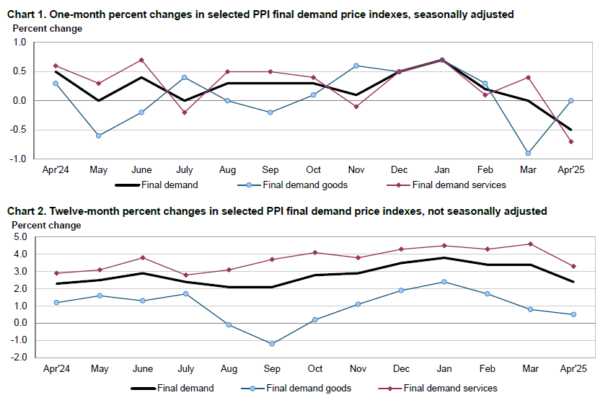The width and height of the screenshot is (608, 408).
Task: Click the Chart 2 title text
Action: click(277, 211)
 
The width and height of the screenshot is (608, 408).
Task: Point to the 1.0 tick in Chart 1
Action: click(19, 43)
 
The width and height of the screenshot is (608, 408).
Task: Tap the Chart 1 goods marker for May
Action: click(99, 136)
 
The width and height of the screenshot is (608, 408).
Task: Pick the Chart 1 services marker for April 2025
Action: click(570, 141)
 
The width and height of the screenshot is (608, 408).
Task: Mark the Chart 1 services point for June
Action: click(141, 60)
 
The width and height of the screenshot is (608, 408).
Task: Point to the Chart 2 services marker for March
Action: click(530, 244)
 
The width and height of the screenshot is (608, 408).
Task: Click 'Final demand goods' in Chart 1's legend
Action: click(306, 185)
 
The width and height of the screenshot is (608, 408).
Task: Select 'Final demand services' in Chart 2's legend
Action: click(450, 389)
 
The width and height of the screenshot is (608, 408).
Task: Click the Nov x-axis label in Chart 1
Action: click(356, 170)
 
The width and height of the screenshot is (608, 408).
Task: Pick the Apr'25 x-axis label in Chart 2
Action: click(571, 368)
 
